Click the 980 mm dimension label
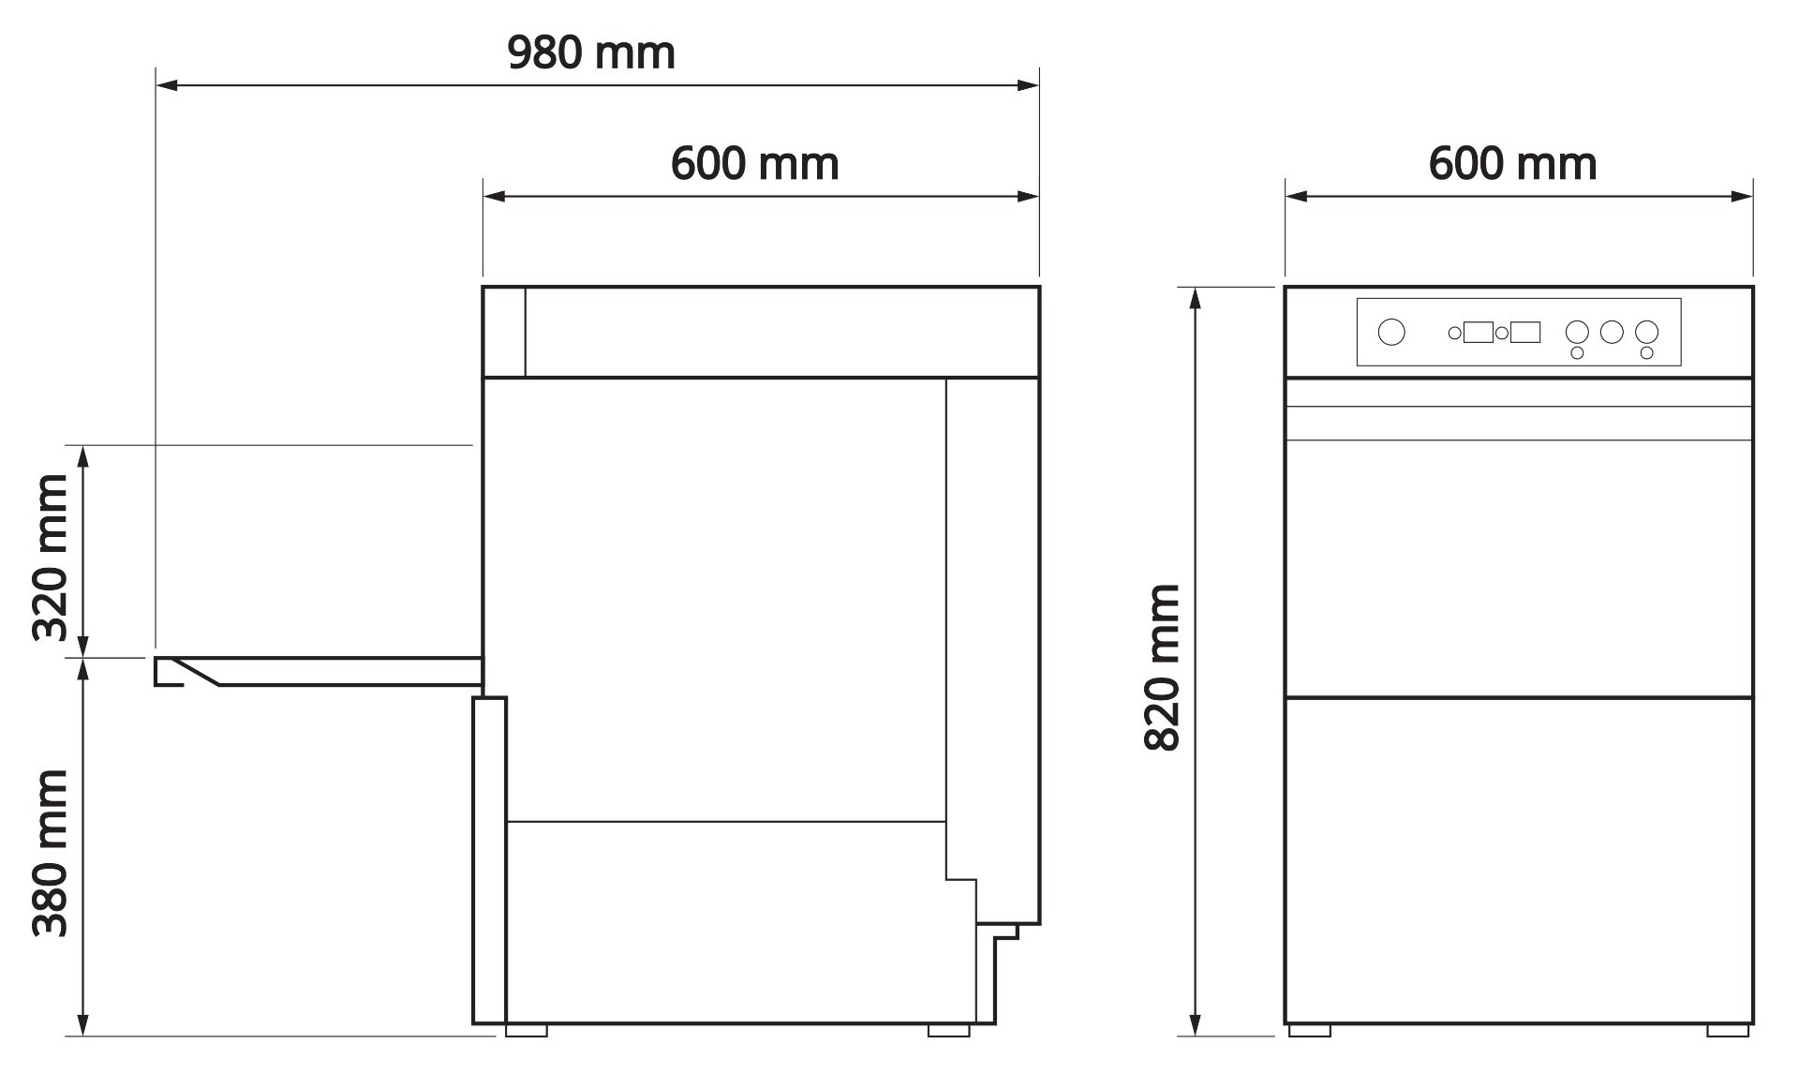point(590,53)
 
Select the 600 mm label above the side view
point(754,164)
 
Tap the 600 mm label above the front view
point(1512,164)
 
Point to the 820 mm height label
point(1162,666)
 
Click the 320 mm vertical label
point(51,558)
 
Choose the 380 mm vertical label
point(51,853)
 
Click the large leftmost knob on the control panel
point(1391,332)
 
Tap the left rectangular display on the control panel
point(1478,332)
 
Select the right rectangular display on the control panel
point(1524,332)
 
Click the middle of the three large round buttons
point(1612,332)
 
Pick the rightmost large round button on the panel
point(1646,332)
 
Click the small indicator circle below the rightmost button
point(1646,353)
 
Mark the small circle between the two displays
point(1501,333)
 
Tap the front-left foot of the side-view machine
point(526,1030)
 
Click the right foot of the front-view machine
point(1727,1030)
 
